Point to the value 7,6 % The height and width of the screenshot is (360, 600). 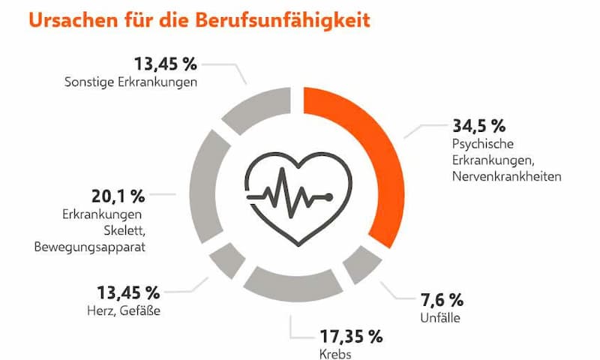point(442,300)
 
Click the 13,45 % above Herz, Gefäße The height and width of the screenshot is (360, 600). point(128,292)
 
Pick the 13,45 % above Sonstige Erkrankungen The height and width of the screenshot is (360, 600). point(165,62)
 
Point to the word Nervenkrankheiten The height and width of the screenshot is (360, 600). point(506,176)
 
